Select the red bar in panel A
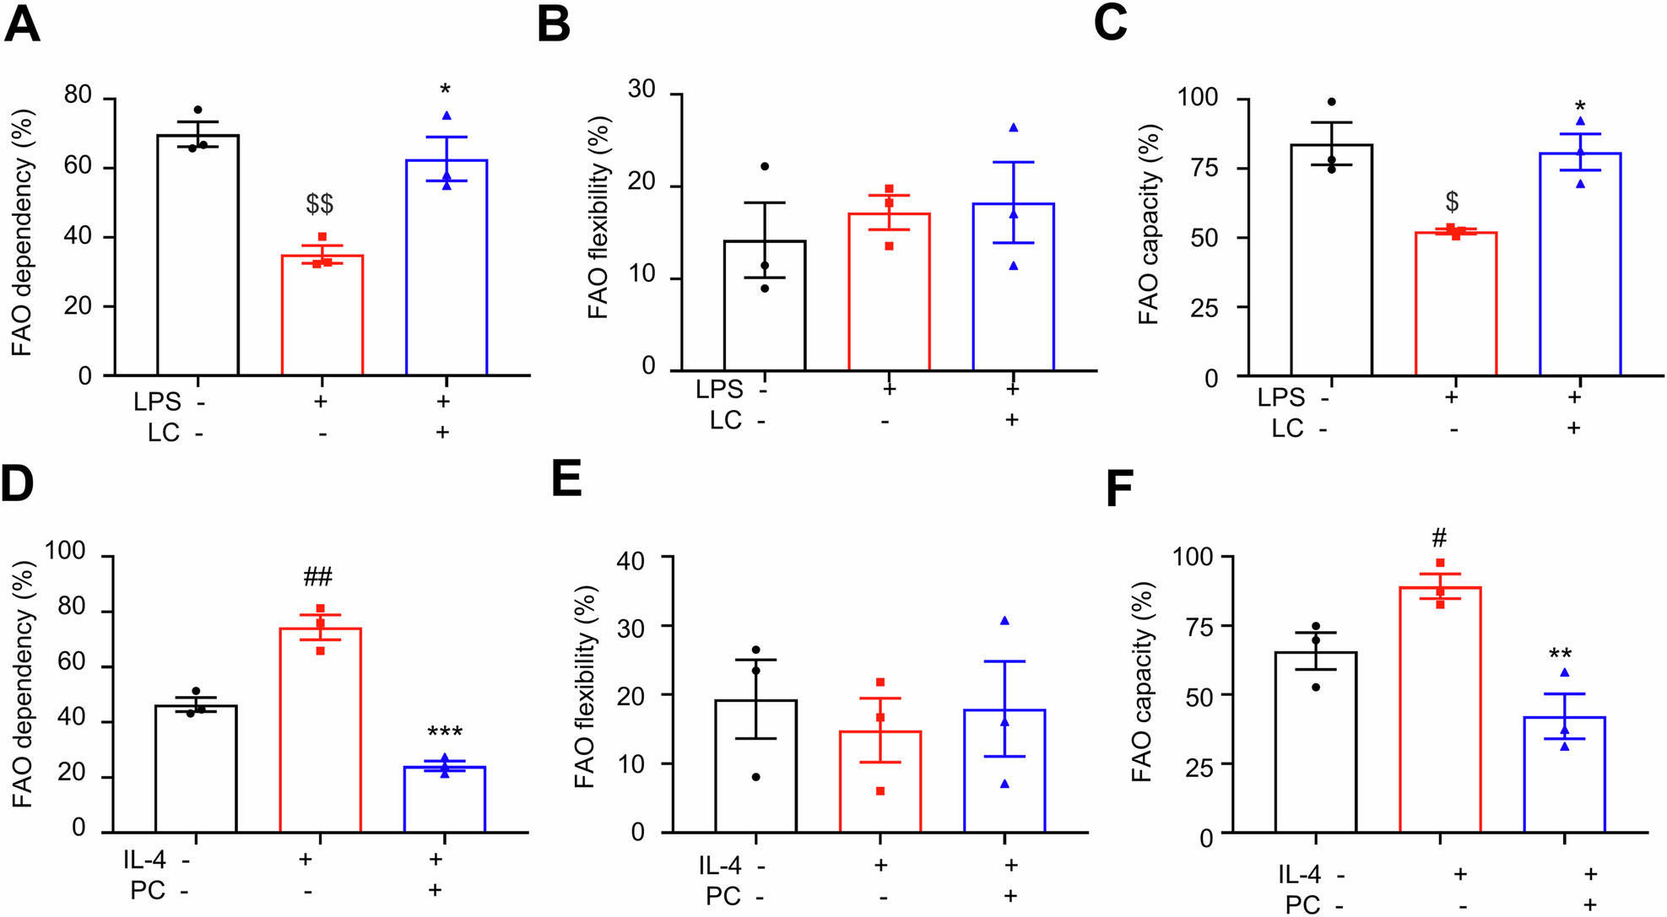coord(322,316)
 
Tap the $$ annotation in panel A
coord(320,203)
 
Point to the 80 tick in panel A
coord(78,94)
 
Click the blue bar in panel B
coord(1013,287)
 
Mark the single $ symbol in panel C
coord(1452,202)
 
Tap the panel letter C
coord(1110,24)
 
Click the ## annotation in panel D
coord(318,577)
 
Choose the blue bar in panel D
coord(445,800)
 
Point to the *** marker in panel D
coord(445,732)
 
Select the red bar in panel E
coord(880,782)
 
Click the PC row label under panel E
coord(723,896)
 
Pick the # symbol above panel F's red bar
coord(1440,537)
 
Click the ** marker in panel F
coord(1560,655)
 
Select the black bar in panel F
coord(1315,742)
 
